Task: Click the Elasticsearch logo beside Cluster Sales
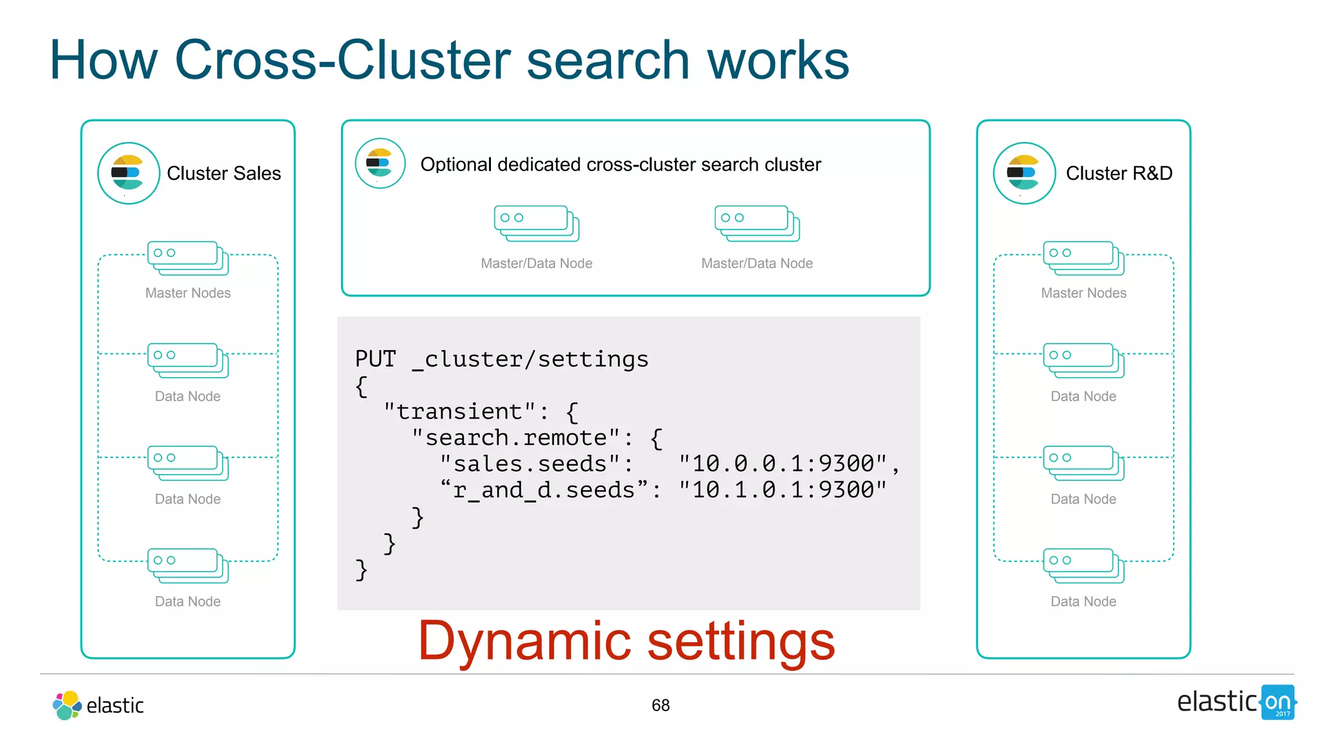coord(129,173)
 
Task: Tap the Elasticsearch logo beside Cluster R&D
coord(1024,173)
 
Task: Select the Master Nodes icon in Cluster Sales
coord(188,258)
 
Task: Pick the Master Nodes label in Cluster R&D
coord(1083,293)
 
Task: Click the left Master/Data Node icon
coord(536,223)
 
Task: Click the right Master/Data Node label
coord(756,263)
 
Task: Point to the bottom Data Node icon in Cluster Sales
coord(188,565)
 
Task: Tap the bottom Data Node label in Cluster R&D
coord(1083,602)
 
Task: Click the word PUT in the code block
coord(375,359)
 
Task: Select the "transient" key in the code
coord(459,411)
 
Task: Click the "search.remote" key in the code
coord(516,438)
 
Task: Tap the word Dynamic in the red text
coord(524,641)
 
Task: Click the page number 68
coord(660,705)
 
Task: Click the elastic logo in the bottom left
coord(98,705)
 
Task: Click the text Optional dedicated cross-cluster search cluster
coord(620,165)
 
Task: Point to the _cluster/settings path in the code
coord(530,359)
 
